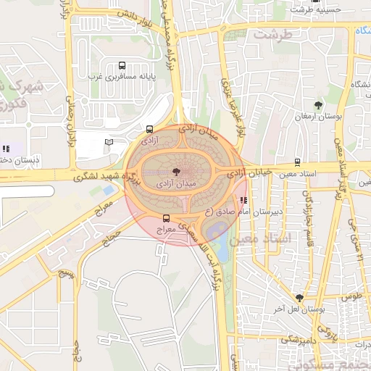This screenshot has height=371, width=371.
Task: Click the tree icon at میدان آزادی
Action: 177,172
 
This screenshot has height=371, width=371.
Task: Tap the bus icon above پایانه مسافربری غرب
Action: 121,64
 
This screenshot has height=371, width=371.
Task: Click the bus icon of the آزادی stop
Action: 149,129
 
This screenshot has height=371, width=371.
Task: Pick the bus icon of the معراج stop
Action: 167,218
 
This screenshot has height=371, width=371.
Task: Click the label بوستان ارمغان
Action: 318,117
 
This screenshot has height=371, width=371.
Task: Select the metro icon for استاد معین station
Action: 297,162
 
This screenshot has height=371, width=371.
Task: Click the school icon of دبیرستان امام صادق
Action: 243,200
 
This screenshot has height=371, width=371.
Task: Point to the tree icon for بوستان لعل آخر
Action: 299,297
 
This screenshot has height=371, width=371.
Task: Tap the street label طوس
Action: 351,296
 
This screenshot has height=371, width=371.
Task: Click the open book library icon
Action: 109,142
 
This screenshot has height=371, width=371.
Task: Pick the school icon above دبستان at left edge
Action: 7,149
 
